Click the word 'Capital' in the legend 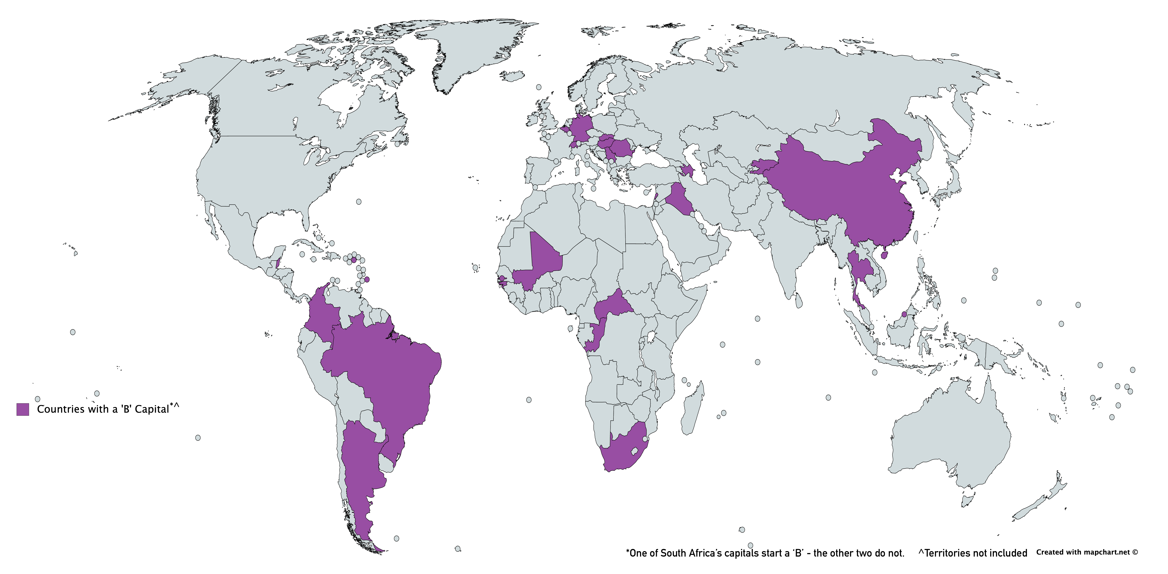[152, 409]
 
